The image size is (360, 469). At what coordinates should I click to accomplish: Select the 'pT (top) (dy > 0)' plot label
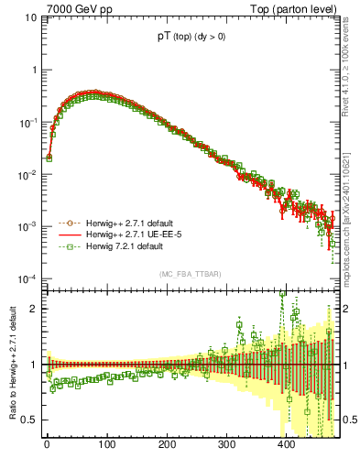[191, 39]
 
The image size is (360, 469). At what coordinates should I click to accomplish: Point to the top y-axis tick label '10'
[31, 17]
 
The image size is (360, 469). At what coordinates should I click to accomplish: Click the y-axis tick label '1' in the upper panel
[34, 70]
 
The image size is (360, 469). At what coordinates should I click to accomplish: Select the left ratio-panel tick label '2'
[34, 308]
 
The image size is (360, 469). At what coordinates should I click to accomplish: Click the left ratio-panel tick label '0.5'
[30, 420]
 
